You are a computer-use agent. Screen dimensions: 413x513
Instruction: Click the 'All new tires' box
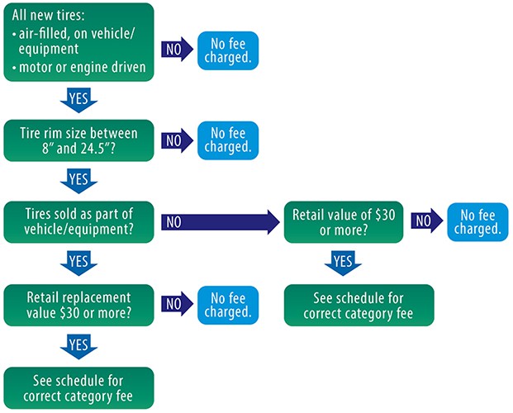click(78, 43)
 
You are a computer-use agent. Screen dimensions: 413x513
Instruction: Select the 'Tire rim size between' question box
click(78, 140)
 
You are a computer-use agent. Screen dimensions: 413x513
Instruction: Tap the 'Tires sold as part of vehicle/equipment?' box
click(78, 221)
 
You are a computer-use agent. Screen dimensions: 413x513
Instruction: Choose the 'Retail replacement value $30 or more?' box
click(78, 303)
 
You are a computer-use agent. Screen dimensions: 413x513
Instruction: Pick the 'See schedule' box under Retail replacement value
click(78, 387)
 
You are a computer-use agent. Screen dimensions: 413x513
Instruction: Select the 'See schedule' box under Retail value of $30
click(359, 305)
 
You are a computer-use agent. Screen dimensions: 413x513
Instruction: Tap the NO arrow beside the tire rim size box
click(175, 140)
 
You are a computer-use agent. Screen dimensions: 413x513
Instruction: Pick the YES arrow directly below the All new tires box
click(78, 98)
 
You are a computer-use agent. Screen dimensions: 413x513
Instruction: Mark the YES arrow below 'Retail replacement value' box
click(78, 344)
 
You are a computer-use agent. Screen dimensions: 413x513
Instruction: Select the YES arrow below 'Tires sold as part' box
click(78, 263)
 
